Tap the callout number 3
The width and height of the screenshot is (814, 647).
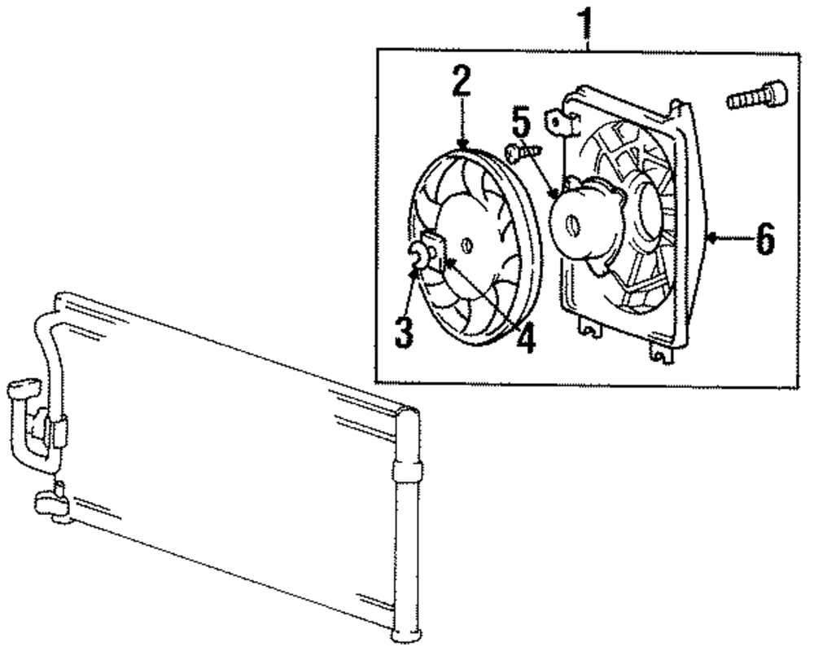(x=402, y=331)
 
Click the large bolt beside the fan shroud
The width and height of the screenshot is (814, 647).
(x=756, y=96)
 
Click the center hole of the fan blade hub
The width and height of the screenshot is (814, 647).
(x=466, y=244)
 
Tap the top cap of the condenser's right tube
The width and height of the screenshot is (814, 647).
(x=409, y=414)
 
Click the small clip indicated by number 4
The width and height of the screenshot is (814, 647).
(x=437, y=249)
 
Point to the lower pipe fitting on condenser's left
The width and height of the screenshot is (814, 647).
(x=51, y=504)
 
